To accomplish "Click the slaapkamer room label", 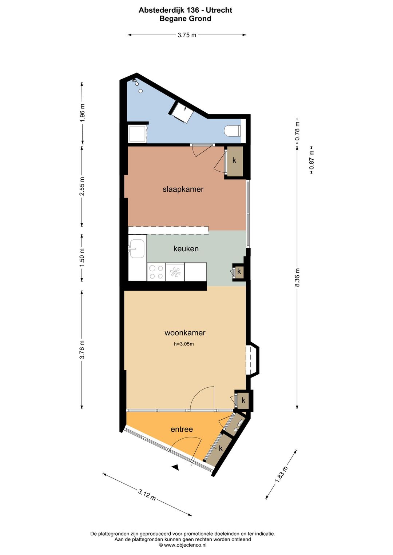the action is (183, 189).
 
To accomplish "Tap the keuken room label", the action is (186, 248).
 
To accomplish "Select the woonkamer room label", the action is (185, 333).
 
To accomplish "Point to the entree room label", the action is (182, 429).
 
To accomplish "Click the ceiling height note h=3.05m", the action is (184, 344).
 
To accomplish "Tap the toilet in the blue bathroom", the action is (232, 131).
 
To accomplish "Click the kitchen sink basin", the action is (136, 249).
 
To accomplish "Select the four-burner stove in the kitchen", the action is (156, 272).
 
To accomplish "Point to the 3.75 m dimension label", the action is (187, 35).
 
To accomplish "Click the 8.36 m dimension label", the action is (297, 277).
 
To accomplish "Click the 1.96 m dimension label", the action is (82, 112).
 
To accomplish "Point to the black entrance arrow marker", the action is (175, 467).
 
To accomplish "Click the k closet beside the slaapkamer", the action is (234, 160).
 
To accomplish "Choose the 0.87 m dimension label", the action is (311, 160).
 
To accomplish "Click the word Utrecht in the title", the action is (219, 10).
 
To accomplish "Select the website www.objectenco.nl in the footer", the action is (185, 545).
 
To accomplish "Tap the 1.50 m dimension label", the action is (82, 257).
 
